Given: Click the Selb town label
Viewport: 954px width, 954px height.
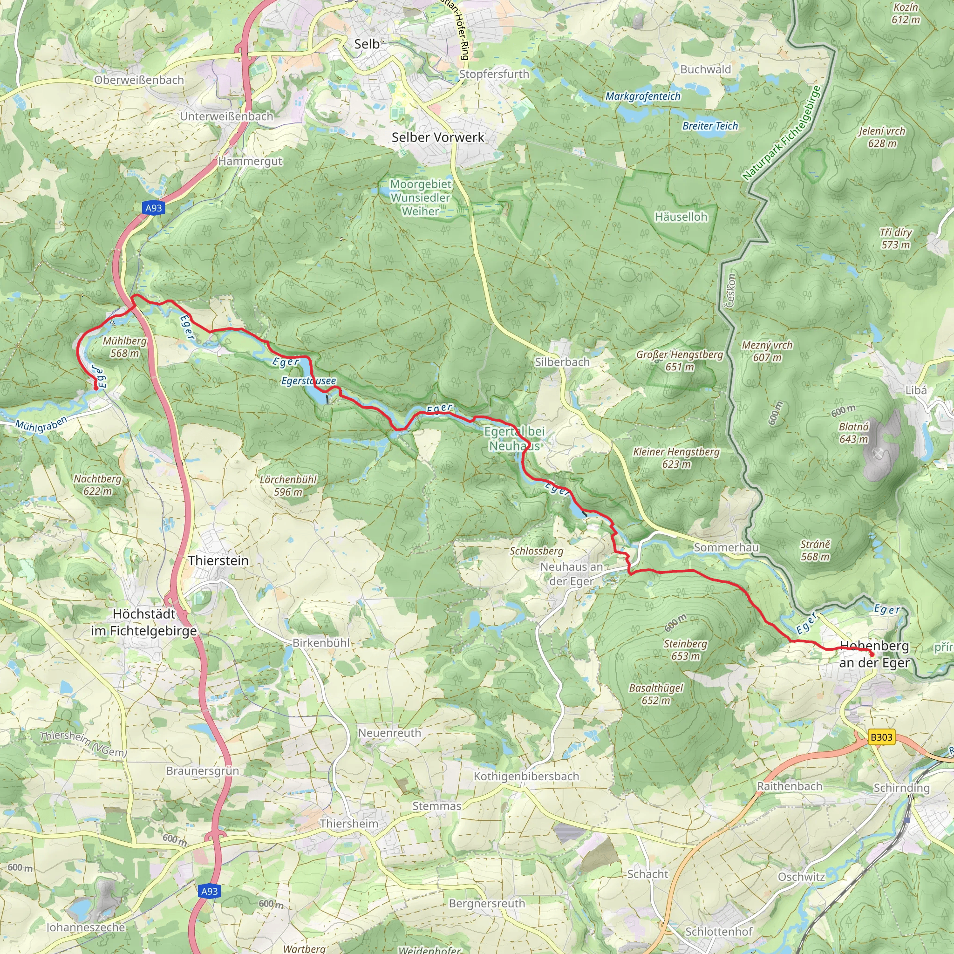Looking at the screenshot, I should point(367,44).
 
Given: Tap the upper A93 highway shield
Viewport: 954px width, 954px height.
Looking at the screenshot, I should point(154,208).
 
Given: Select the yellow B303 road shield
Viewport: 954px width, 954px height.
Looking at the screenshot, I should point(881,737).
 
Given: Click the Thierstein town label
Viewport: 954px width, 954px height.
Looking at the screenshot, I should point(218,560).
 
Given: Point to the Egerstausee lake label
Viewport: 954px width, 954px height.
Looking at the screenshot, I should point(309,381).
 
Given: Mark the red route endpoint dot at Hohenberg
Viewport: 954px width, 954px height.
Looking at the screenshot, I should point(872,655).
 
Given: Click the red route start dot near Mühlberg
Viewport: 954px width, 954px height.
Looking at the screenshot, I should point(96,388).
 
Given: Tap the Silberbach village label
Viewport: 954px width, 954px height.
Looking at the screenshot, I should point(562,362).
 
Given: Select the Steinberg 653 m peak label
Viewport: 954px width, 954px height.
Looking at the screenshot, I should point(685,650).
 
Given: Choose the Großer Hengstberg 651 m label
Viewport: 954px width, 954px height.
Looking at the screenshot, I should point(680,361).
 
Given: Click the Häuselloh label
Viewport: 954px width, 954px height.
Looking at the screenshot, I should point(681,217).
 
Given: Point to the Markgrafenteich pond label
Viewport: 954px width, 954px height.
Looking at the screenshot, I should point(643,96).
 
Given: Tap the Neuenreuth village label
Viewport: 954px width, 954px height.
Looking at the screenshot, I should point(389,733).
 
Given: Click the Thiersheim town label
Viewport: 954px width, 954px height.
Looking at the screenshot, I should point(348,824).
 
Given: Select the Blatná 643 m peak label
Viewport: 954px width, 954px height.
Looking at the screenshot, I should point(854,433).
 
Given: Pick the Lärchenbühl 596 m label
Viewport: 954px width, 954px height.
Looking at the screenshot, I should point(288,485).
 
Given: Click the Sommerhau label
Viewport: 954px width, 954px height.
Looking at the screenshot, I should point(726,547).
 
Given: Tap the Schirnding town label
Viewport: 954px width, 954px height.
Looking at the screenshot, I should point(902,788).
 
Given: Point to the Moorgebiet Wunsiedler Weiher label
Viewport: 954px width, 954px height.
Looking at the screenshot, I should point(420,198).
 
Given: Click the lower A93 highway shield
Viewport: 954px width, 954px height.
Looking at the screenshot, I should point(209,891).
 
